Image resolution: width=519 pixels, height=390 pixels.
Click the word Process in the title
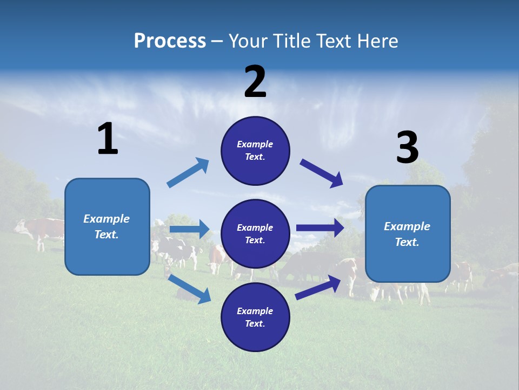coord(170,41)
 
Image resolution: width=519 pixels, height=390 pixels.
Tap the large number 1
coord(108,139)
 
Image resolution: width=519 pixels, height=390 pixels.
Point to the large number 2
coord(255,82)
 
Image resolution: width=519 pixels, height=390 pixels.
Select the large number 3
coord(407,148)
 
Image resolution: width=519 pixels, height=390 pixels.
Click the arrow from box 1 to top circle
coord(188,173)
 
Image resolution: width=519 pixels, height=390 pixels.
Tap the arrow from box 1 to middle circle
coord(189,229)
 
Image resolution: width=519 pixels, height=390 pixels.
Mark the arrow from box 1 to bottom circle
coord(190,288)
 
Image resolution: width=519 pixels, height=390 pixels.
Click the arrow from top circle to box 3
coord(322,173)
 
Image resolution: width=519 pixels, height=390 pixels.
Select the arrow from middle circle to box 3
coord(320,228)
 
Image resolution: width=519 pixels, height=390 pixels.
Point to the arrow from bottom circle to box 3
coord(318,287)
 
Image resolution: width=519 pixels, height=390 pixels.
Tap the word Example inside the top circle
coord(255,144)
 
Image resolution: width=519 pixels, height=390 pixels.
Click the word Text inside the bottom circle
coord(254,323)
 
